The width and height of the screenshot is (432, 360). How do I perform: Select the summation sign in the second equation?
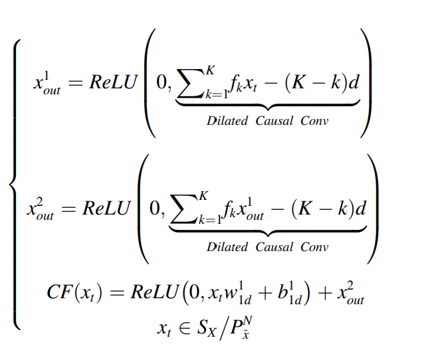[185, 210]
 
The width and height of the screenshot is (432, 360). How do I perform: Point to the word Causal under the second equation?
[271, 247]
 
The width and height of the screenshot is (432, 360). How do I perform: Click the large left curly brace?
[15, 183]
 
